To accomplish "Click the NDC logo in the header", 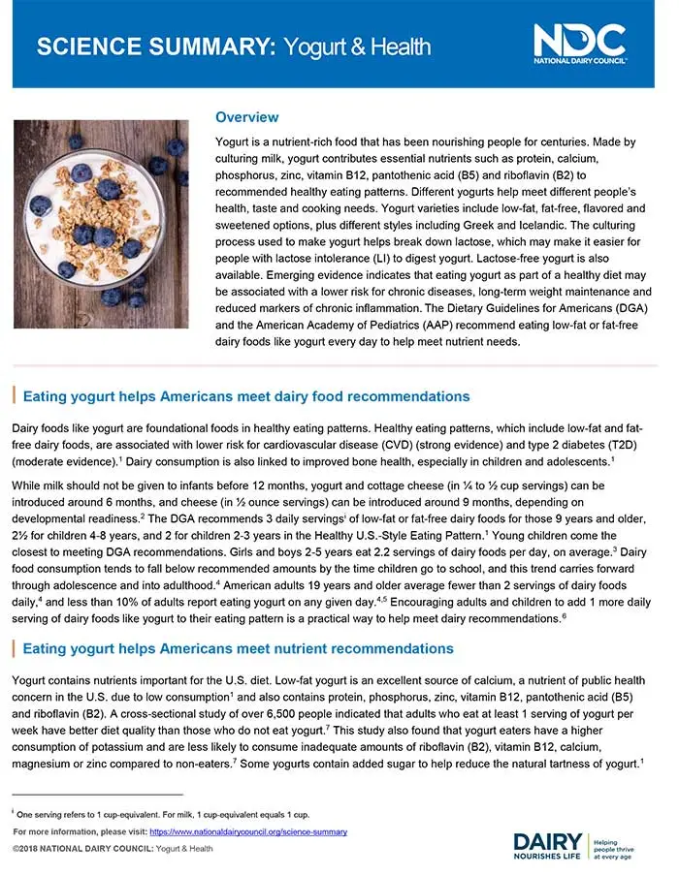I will (x=579, y=43).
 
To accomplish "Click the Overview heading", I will (x=246, y=117).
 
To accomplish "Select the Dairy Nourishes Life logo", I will (x=548, y=845).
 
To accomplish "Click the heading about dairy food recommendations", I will (x=245, y=396).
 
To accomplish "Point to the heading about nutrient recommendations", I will (x=238, y=648).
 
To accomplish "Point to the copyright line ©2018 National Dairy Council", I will (x=113, y=849).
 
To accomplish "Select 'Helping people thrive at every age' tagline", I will (x=619, y=844).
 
